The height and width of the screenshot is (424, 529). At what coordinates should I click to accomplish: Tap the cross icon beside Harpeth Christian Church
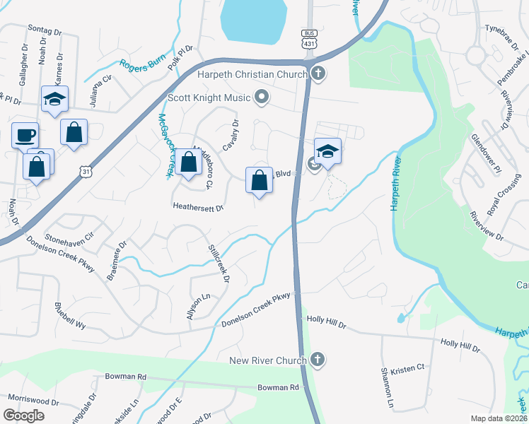[318, 73]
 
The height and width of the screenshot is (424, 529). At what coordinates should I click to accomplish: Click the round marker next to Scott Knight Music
[262, 98]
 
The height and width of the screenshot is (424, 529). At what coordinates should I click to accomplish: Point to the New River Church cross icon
[318, 360]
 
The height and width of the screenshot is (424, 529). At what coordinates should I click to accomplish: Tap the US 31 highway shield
[86, 172]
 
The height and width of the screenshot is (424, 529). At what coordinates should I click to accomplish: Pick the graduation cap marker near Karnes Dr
[54, 100]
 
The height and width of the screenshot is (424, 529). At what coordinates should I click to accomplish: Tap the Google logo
[23, 416]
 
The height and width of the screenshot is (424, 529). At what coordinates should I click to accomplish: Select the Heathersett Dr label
[198, 208]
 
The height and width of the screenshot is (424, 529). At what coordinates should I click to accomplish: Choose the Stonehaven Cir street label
[69, 233]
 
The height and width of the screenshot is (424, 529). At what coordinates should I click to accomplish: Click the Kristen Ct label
[412, 367]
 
